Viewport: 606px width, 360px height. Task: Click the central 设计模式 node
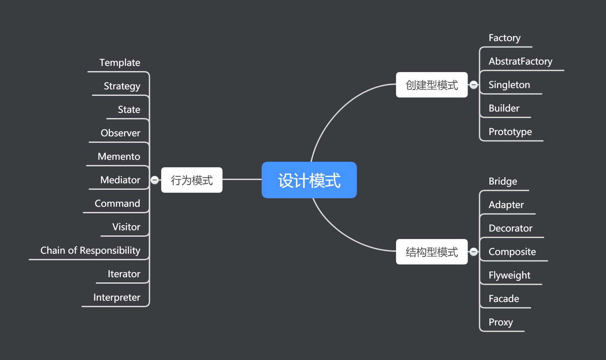309,180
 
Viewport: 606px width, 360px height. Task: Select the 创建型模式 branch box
432,85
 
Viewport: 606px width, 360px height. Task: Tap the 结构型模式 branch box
432,252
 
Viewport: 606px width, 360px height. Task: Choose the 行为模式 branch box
192,180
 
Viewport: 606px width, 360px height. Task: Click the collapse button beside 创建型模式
474,85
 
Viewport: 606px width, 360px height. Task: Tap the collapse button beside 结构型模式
474,252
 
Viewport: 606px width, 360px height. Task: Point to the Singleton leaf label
509,85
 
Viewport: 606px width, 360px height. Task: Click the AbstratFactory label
520,61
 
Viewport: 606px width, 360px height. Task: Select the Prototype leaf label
510,132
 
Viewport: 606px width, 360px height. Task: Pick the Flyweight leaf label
509,275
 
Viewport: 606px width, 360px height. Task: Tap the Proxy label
501,322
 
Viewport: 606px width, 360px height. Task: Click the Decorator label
510,228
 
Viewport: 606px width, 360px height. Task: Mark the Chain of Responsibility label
90,250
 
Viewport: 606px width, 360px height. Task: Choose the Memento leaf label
119,157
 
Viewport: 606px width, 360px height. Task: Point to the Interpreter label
117,297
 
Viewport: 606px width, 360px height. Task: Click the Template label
120,63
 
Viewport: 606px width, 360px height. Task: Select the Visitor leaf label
126,227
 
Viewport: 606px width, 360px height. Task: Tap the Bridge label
503,181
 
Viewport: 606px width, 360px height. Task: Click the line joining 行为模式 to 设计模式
242,179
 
